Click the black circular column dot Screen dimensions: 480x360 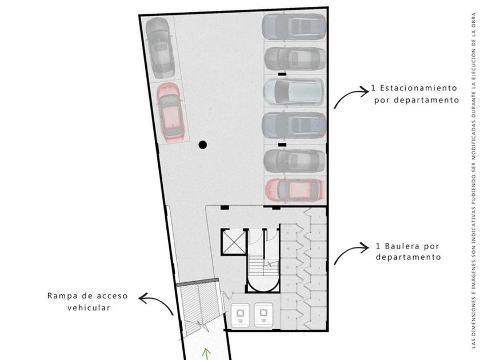coord(218,145)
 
